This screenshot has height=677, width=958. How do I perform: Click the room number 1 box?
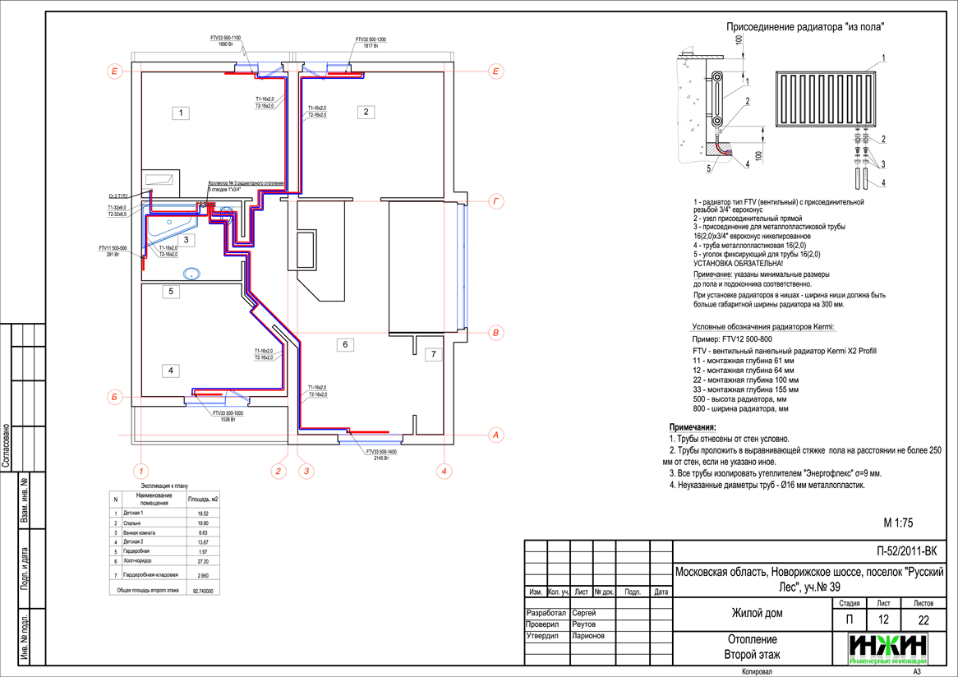182,113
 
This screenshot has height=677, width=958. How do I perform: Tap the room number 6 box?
345,345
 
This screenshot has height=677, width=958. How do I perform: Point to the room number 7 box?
434,355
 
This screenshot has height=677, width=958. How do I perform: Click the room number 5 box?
170,291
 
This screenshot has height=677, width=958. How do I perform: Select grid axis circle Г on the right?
495,200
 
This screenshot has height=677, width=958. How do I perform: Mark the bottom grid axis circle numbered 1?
140,471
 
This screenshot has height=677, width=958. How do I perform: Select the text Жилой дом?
758,614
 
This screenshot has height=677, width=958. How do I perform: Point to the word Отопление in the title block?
752,639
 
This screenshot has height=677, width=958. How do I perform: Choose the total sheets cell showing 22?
924,619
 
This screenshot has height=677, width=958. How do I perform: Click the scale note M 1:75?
898,523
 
